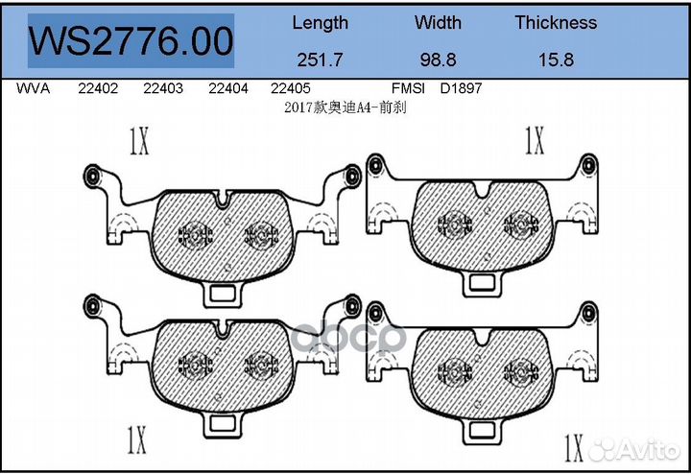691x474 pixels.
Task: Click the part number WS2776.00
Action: coord(131,41)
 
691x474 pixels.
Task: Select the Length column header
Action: coord(320,22)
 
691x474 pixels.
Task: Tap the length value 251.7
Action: coord(320,59)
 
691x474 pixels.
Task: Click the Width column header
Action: coord(438,22)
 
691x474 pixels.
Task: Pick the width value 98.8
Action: coord(438,59)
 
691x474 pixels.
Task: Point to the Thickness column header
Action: coord(556,22)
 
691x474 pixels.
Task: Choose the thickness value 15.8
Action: coord(556,59)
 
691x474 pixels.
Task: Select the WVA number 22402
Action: coord(98,88)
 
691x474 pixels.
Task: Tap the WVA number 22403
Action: coord(163,88)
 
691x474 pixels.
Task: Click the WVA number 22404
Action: coord(227,88)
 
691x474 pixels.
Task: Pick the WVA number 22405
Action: coord(291,88)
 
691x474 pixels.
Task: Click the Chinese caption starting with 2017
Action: coord(345,107)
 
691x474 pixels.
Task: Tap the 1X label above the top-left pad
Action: coord(138,143)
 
